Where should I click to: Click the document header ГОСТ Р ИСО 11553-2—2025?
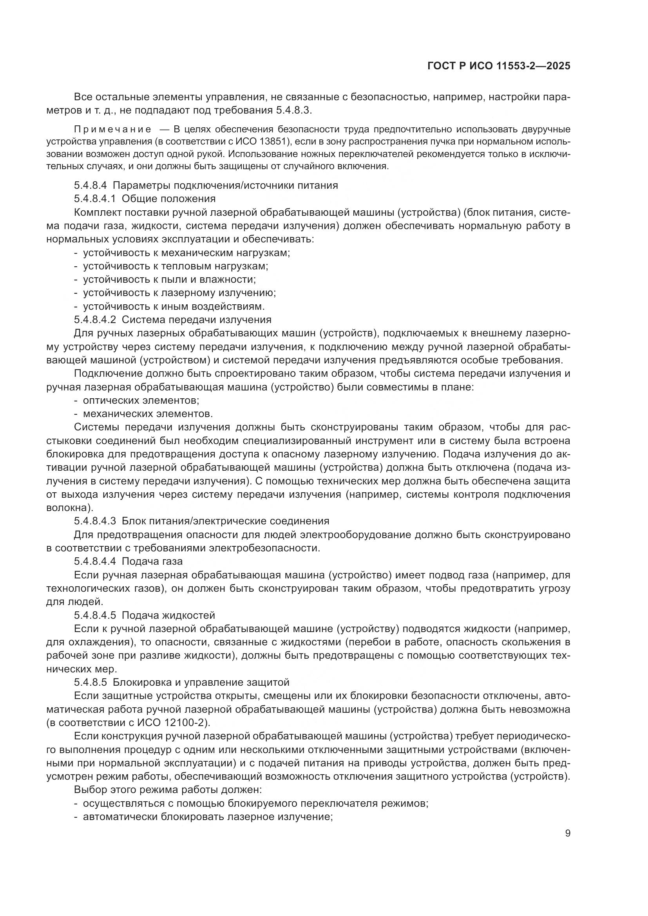coord(498,66)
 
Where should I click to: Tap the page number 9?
coord(567,833)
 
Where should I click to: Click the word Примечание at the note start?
coord(112,129)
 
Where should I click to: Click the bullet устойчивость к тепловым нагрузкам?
coord(176,266)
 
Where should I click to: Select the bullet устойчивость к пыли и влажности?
coord(169,279)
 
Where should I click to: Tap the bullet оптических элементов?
coord(141,400)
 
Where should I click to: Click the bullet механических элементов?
coord(148,413)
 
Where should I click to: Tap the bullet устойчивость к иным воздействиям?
coord(174,306)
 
